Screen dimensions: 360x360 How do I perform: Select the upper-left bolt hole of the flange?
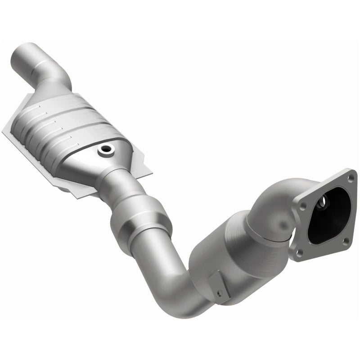[301, 205]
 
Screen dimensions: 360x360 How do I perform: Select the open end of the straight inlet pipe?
[28, 49]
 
